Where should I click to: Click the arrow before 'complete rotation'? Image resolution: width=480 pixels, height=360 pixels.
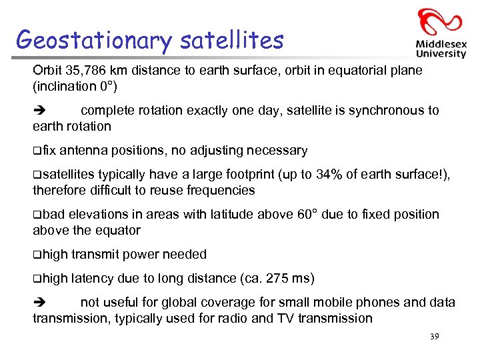tap(38, 111)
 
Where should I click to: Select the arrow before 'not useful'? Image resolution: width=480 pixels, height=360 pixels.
tap(38, 303)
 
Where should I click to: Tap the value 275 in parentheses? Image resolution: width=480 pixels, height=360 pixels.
tap(272, 279)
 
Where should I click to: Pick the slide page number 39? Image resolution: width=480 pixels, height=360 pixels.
tap(434, 337)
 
